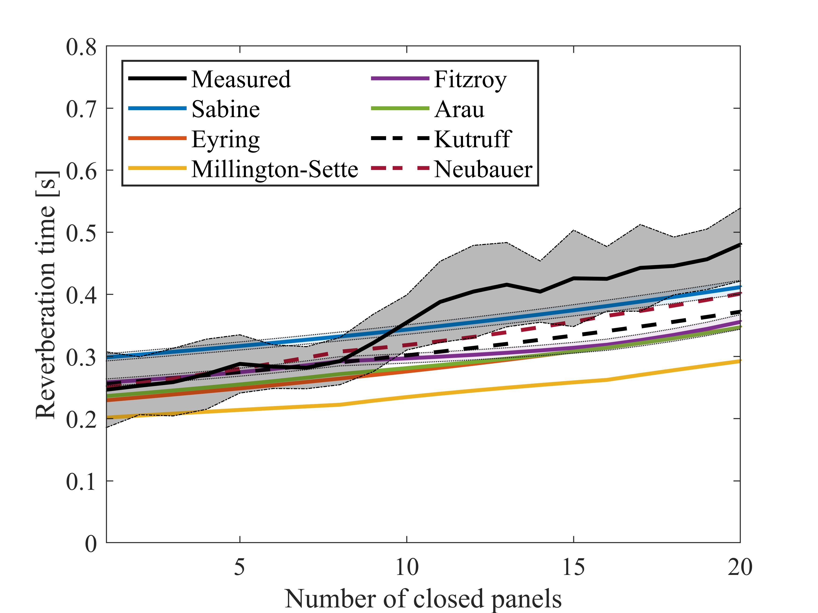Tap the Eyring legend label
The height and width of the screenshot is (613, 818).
(x=226, y=140)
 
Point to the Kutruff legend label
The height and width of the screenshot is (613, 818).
(x=473, y=139)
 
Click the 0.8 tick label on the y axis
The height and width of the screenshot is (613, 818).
(x=81, y=48)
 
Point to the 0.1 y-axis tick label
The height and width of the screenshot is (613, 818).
(x=81, y=482)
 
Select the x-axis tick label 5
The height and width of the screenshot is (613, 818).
(x=240, y=567)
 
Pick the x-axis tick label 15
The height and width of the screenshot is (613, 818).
(x=573, y=567)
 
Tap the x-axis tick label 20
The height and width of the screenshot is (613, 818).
(x=740, y=567)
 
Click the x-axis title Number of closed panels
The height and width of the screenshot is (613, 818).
(x=423, y=599)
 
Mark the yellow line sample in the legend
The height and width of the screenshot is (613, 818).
(x=157, y=169)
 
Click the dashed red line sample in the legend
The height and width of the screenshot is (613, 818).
(x=400, y=169)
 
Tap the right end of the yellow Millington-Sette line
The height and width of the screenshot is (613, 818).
(x=740, y=361)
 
